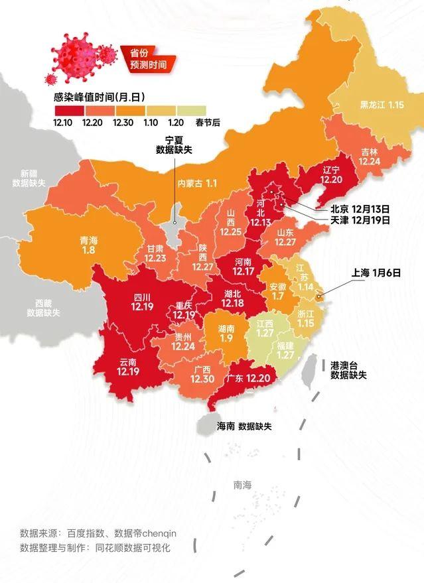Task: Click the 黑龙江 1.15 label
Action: click(x=382, y=105)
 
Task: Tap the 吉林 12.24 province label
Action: click(x=370, y=156)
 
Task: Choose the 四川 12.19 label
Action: click(x=143, y=301)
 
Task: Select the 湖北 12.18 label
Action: click(x=233, y=298)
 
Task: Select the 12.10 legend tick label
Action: click(x=64, y=122)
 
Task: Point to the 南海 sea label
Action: click(x=243, y=485)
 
